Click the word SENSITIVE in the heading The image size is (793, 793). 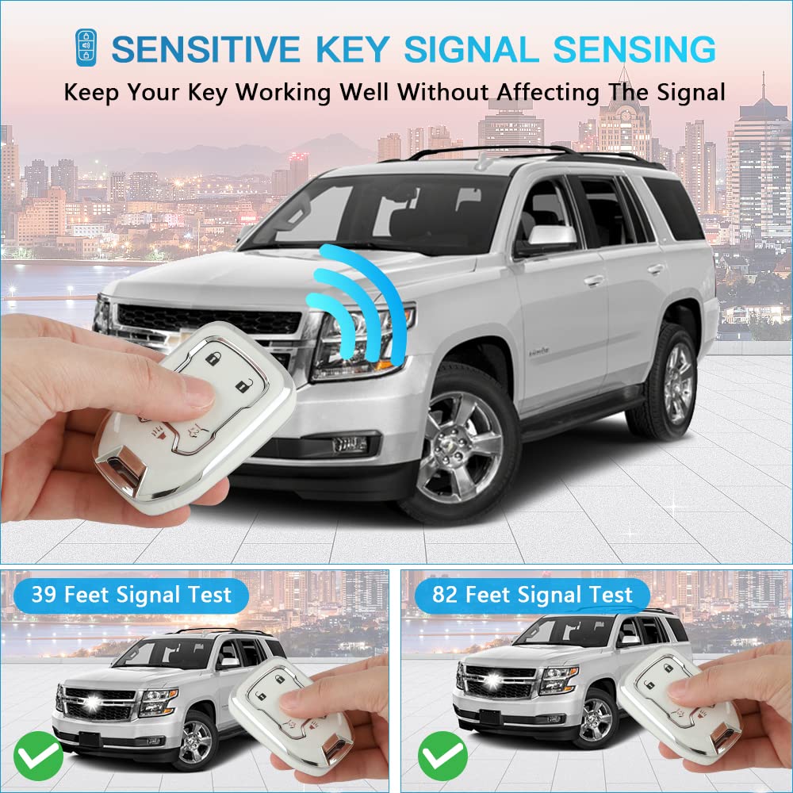tap(205, 49)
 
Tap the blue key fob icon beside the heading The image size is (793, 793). tap(83, 48)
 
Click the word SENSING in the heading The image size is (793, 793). tap(634, 49)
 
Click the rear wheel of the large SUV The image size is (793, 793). tap(673, 381)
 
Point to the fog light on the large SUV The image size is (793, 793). tap(349, 444)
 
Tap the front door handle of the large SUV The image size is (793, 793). tap(593, 280)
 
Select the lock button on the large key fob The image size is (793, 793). tap(213, 359)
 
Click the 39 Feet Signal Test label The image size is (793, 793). tap(132, 595)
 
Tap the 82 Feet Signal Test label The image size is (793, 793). tap(533, 595)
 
